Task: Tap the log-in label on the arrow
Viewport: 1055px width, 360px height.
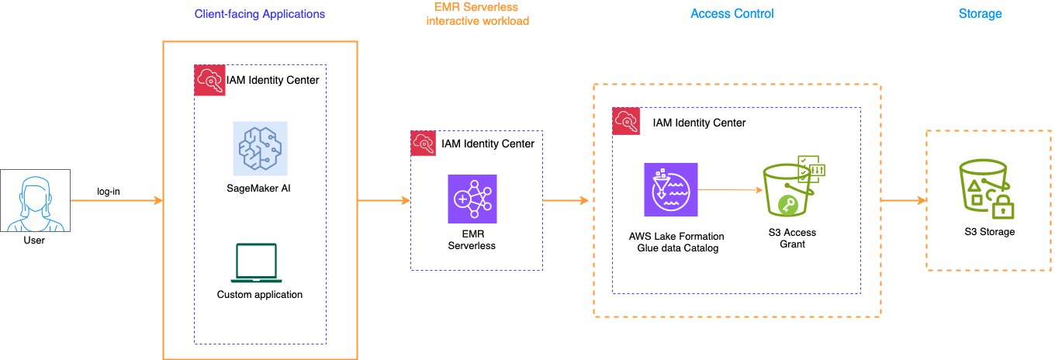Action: point(108,191)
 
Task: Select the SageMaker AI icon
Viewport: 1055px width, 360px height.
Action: point(261,147)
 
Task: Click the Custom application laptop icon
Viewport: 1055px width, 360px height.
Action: point(256,263)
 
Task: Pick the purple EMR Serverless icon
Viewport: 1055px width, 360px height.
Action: point(472,199)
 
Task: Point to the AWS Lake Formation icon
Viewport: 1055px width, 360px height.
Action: point(671,189)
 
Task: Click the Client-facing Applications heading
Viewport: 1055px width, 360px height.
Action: point(260,14)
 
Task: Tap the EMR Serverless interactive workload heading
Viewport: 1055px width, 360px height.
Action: point(478,14)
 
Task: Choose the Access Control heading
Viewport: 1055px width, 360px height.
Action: point(732,14)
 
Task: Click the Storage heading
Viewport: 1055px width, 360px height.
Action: point(980,14)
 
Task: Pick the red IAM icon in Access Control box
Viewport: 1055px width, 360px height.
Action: point(627,122)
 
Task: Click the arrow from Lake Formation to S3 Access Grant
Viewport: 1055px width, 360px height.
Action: point(729,189)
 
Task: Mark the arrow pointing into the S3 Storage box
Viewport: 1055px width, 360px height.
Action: point(904,201)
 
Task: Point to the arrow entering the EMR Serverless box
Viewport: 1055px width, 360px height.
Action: point(384,201)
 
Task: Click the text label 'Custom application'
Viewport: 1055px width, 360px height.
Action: point(260,295)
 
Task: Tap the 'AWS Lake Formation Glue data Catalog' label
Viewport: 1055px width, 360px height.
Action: point(676,242)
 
